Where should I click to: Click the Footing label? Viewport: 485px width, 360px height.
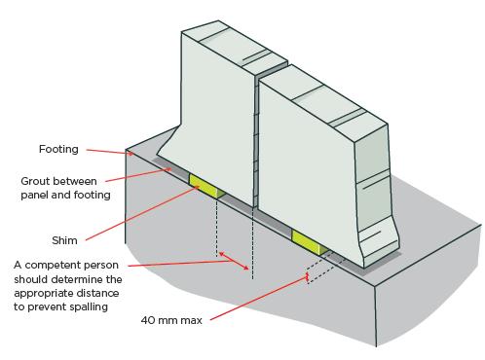(58, 149)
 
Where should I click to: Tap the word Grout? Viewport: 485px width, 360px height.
(35, 181)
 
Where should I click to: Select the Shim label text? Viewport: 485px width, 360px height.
(64, 240)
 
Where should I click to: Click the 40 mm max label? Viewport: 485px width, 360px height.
(171, 320)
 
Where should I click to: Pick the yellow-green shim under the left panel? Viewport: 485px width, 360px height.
(206, 187)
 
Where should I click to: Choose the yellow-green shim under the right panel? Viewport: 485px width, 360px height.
(311, 242)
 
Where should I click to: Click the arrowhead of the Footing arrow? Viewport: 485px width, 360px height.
(131, 153)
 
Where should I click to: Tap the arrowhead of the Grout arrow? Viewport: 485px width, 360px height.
(168, 169)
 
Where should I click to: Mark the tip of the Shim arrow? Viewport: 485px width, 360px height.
(198, 187)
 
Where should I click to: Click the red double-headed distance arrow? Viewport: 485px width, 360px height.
(234, 261)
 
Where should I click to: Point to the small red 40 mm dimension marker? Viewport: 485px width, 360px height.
(307, 277)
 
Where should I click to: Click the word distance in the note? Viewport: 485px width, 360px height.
(101, 293)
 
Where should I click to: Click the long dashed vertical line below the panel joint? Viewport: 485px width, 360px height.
(252, 243)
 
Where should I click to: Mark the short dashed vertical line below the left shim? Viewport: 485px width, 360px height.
(217, 227)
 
